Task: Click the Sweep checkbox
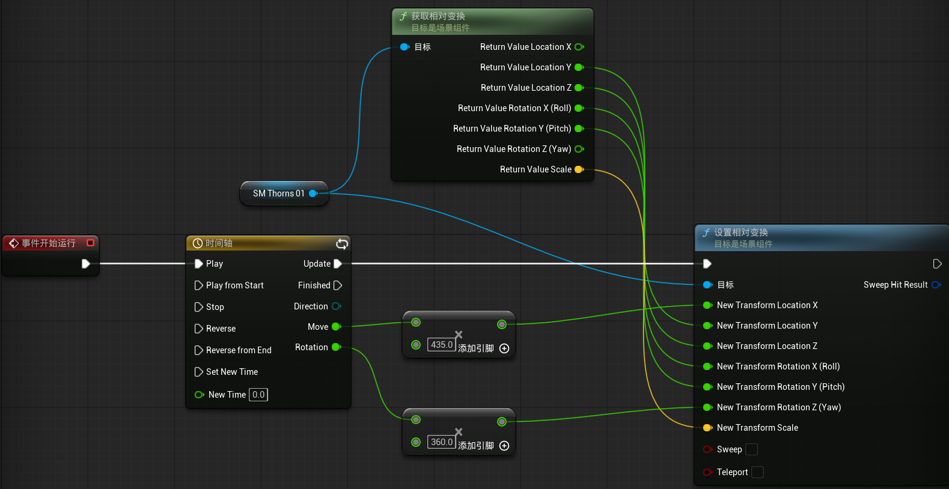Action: tap(751, 449)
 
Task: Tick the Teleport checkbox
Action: tap(757, 472)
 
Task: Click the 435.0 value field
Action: tap(442, 345)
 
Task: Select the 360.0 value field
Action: tap(442, 442)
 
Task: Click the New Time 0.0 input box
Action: tap(258, 395)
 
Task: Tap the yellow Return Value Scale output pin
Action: tap(579, 169)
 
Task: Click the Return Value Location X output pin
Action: tap(579, 47)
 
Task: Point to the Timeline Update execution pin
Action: tap(338, 264)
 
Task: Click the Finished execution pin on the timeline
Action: tap(338, 285)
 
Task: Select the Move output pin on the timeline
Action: tap(337, 326)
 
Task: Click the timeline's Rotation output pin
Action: tap(337, 347)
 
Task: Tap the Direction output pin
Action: tap(337, 306)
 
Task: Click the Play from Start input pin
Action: tap(198, 285)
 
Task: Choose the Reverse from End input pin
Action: tap(198, 350)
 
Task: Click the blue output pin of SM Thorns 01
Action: tap(313, 193)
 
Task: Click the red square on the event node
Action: tap(90, 243)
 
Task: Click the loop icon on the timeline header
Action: tap(342, 243)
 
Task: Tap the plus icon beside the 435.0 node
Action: tap(504, 348)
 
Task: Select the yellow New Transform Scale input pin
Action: tap(707, 428)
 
